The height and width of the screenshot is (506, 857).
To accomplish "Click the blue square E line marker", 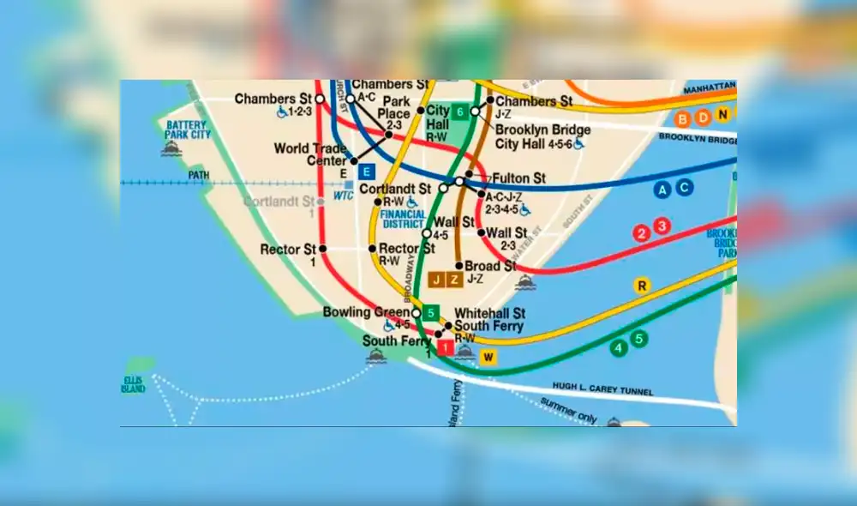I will click(x=367, y=170).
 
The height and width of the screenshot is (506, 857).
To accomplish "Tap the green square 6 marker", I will click(x=460, y=111).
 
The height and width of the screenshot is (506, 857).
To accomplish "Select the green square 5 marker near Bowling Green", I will click(x=430, y=313).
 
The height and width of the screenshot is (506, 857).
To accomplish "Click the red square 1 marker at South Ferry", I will click(x=445, y=347).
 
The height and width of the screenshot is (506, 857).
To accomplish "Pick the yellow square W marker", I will click(x=488, y=357).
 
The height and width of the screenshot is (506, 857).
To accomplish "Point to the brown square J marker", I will click(x=437, y=280).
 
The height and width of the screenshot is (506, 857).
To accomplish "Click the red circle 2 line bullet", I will click(x=641, y=232).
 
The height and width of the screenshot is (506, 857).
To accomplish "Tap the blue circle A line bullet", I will click(x=662, y=190).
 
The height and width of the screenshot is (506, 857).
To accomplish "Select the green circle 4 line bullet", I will click(x=619, y=348).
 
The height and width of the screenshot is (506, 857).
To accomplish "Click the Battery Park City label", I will click(x=188, y=130).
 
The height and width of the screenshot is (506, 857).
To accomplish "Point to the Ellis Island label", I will click(x=134, y=384).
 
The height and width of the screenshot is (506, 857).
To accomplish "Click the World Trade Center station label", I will click(x=310, y=154).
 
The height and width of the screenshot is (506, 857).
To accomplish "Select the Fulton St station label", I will click(x=518, y=178).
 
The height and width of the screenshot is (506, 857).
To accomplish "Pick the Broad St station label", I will click(x=490, y=266).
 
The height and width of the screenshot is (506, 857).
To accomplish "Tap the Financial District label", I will click(x=403, y=219).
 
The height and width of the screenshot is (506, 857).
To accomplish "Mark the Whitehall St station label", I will click(x=489, y=313).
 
